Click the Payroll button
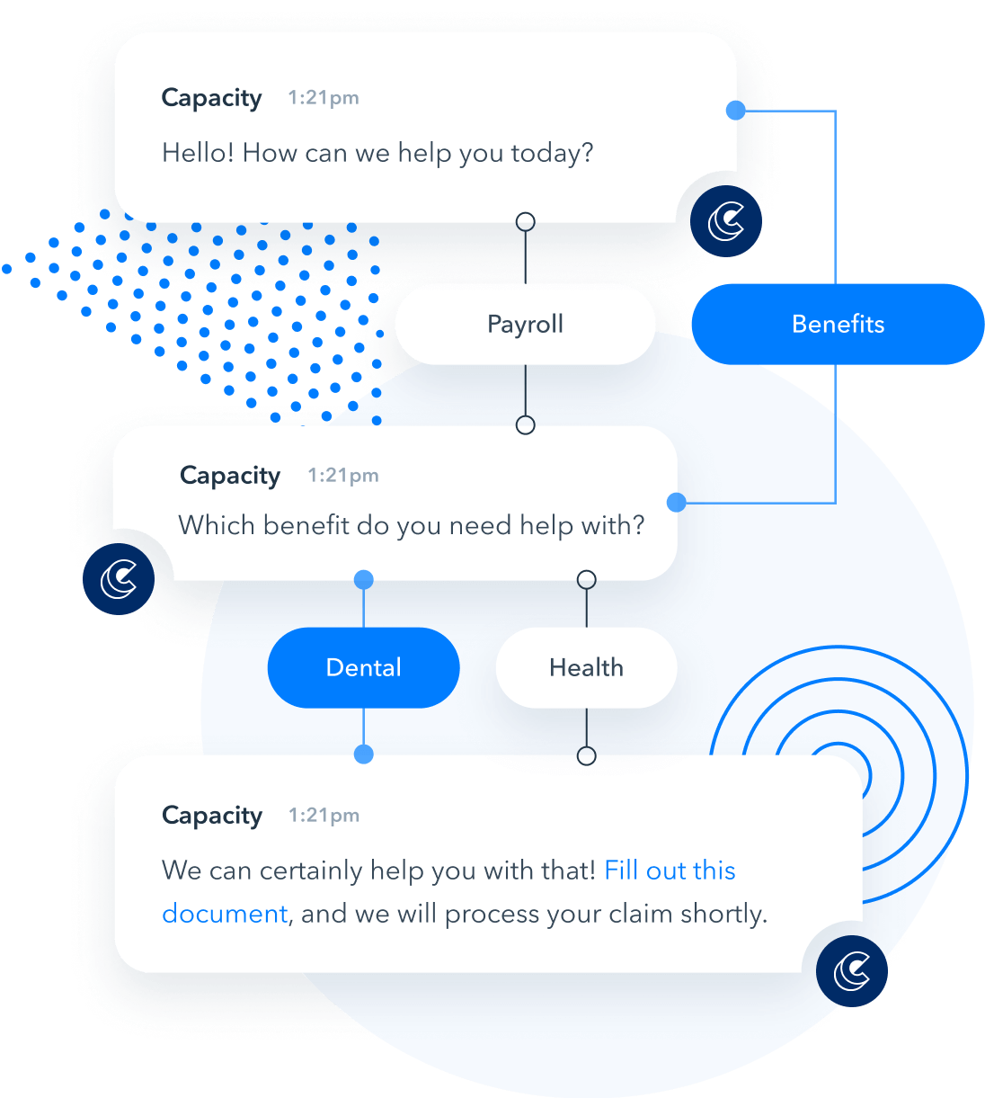point(525,324)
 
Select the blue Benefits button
point(838,324)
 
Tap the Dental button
point(364,667)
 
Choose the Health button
point(586,667)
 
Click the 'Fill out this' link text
point(670,870)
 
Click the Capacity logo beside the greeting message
point(726,221)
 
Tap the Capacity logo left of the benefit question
point(119,579)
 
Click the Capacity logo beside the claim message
point(852,971)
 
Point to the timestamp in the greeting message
point(324,97)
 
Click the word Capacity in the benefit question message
point(230,476)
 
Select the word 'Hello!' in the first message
point(198,152)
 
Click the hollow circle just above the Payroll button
point(526,221)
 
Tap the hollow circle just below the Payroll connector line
point(526,424)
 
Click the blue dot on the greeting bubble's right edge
point(736,110)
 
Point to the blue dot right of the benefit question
point(676,503)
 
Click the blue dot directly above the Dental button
point(364,579)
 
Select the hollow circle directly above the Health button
point(587,580)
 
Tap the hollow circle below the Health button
point(587,755)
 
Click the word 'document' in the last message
point(225,914)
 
